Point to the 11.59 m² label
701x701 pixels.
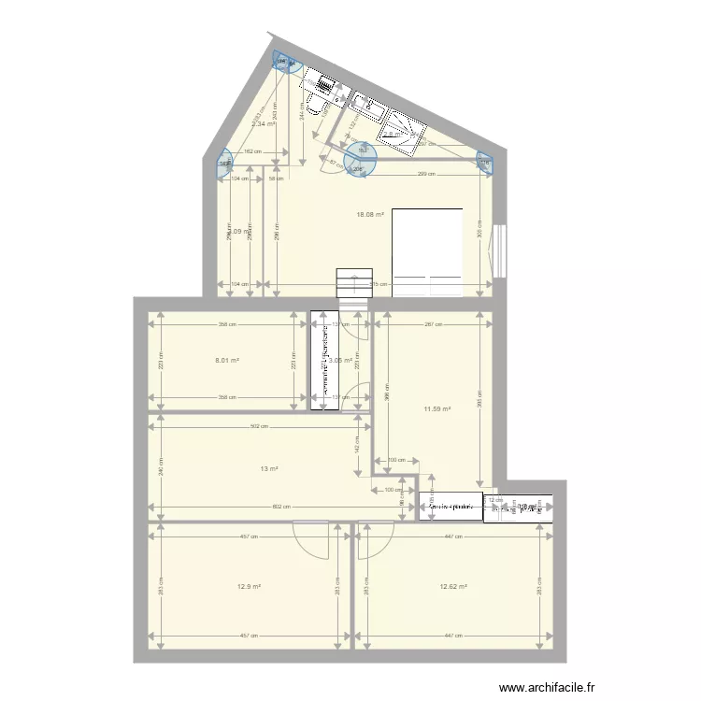tap(437, 408)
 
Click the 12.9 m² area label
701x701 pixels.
tap(248, 587)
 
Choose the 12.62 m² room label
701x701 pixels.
tap(453, 587)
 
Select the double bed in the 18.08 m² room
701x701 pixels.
tap(427, 251)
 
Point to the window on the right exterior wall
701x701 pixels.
tap(501, 250)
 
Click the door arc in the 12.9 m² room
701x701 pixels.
tap(311, 539)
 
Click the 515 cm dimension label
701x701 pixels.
tap(379, 285)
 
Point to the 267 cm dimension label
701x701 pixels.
tap(433, 325)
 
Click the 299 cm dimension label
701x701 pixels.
tap(423, 175)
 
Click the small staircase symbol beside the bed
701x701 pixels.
tap(351, 282)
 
